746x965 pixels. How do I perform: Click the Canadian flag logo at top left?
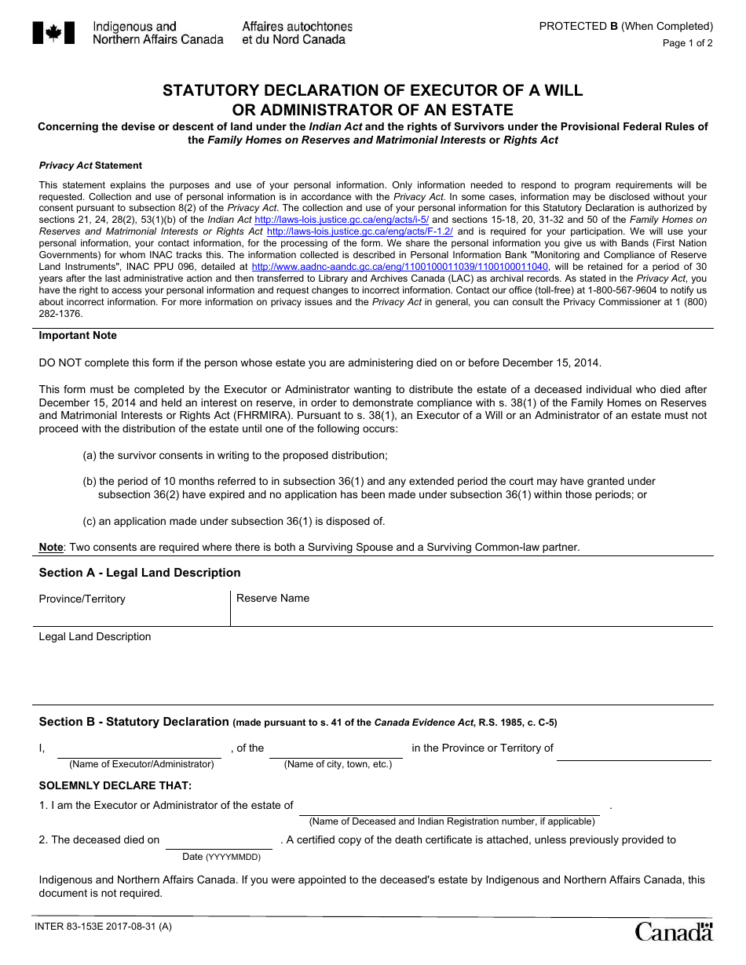point(53,33)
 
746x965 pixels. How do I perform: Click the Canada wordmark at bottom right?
point(674,931)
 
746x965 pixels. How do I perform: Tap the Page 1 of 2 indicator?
point(687,43)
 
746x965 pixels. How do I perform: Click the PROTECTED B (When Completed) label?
point(626,26)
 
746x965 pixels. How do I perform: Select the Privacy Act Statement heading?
point(90,166)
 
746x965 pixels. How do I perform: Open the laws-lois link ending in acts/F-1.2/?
point(360,231)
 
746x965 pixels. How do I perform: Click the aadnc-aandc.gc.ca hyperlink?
point(400,267)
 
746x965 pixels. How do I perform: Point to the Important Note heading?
point(78,336)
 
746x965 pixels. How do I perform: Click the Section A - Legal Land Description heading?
point(140,573)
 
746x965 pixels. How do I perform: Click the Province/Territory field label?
point(82,599)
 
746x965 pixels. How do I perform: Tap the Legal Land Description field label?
point(95,637)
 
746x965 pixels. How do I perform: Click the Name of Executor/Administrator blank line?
point(140,749)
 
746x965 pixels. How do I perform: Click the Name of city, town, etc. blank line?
point(336,749)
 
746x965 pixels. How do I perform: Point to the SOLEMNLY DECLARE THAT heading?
point(115,785)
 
